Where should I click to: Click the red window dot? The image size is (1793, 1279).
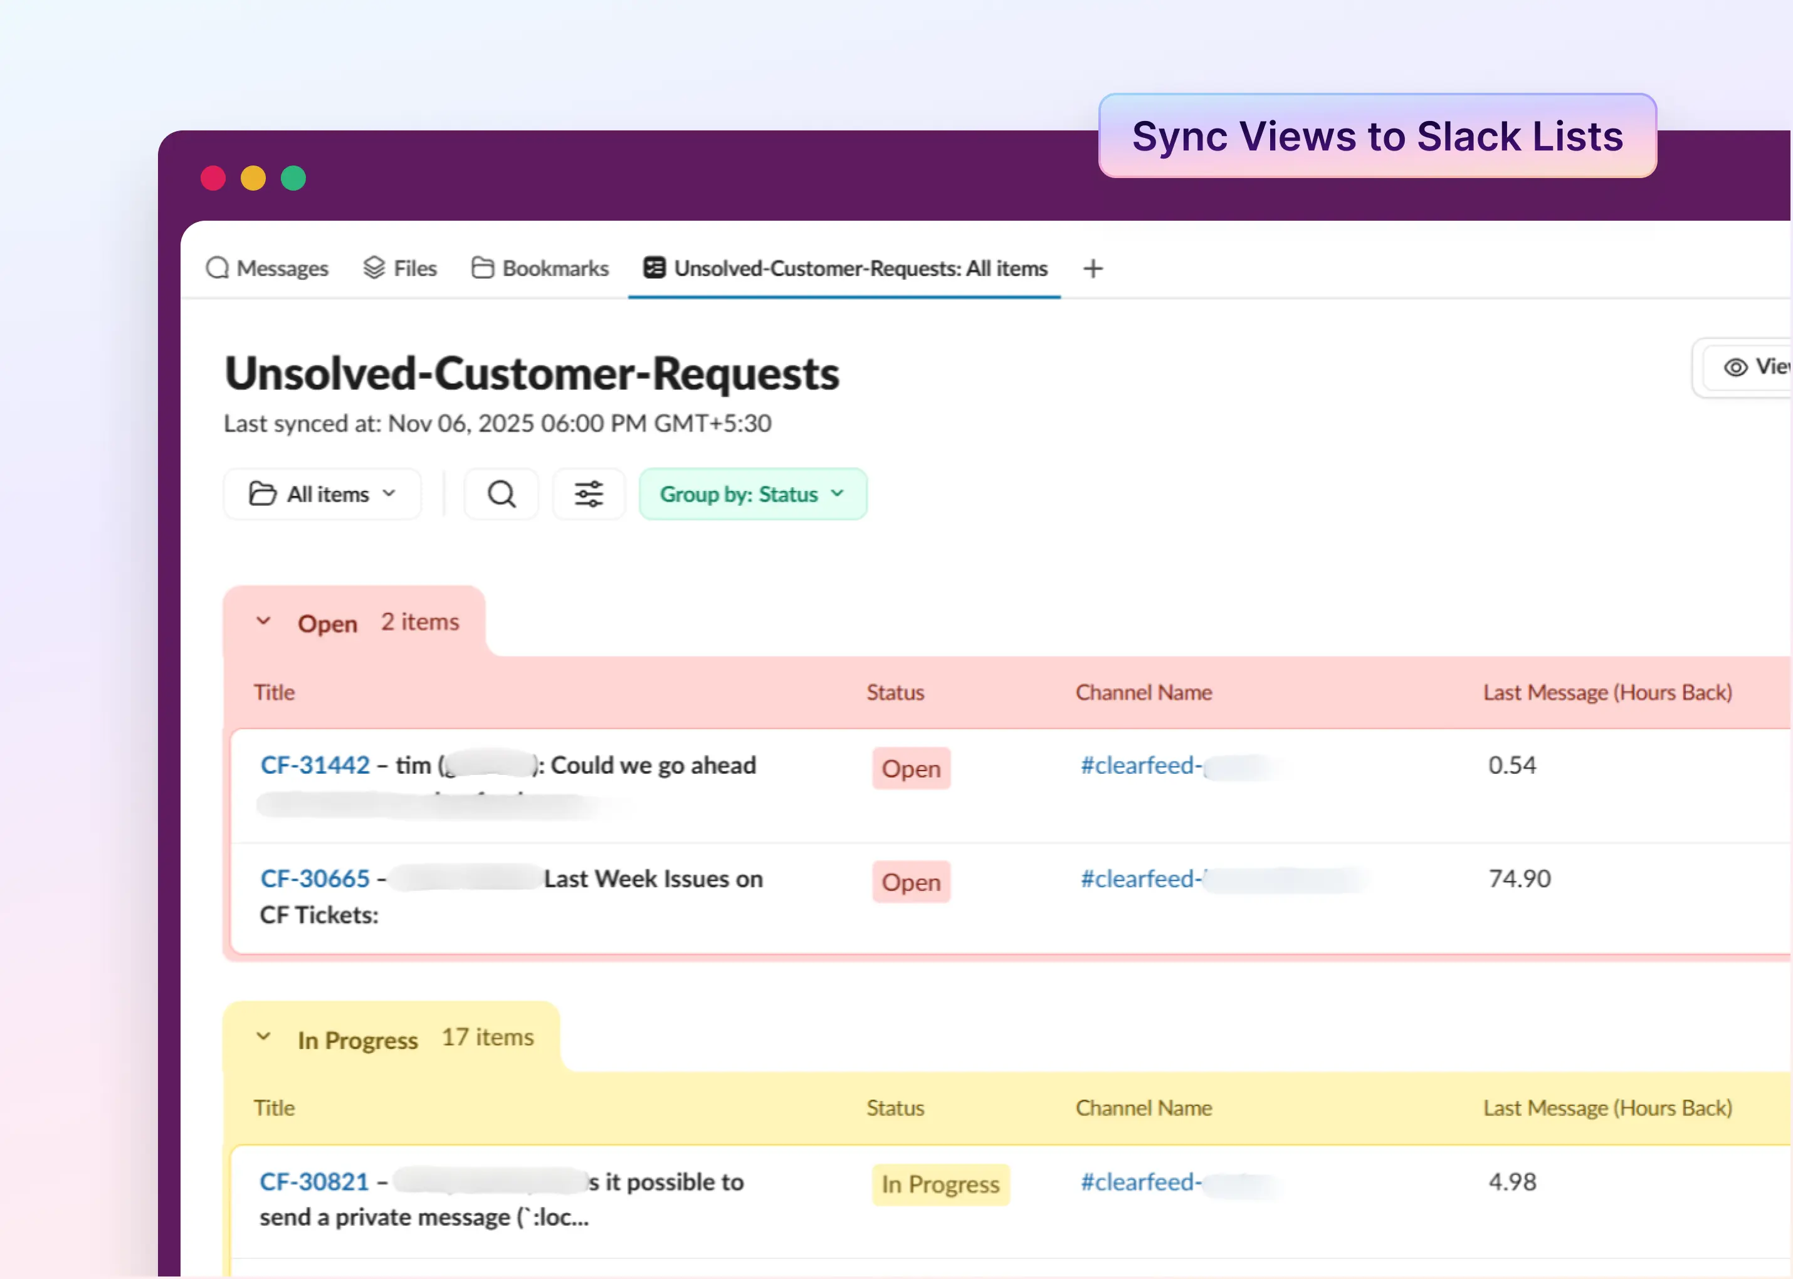coord(213,178)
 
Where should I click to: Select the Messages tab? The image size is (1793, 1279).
coord(268,268)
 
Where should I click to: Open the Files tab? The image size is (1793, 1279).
coord(400,268)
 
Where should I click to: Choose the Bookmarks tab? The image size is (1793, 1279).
coord(540,268)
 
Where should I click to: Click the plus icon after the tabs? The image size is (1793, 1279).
coord(1093,268)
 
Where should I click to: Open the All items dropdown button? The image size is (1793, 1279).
coord(322,494)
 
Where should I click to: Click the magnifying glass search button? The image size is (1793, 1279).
coord(502,494)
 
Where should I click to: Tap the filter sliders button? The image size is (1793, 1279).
coord(589,494)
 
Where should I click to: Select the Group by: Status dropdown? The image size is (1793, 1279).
coord(753,494)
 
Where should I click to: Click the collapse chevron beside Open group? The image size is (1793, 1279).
coord(264,621)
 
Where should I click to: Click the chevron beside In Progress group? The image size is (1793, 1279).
coord(264,1037)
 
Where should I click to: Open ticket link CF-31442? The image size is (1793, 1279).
coord(315,766)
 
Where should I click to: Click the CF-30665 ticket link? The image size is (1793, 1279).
coord(315,879)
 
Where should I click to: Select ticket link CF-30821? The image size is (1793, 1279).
coord(314,1182)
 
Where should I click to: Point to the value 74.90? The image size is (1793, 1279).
coord(1520,879)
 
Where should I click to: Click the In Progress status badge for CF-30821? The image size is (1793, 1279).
coord(940,1184)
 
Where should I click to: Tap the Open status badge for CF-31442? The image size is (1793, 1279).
coord(911,769)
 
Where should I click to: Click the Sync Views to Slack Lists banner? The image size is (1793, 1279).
coord(1377,136)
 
